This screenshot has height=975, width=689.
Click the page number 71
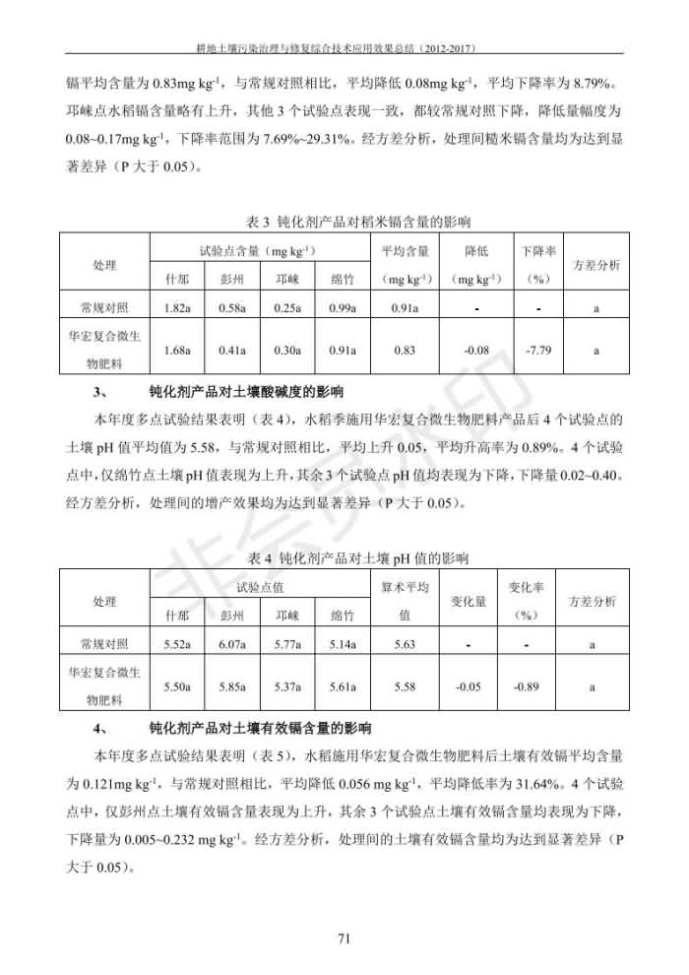(344, 938)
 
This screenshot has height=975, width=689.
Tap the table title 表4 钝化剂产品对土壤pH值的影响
(344, 558)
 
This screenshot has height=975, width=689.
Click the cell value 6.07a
(232, 645)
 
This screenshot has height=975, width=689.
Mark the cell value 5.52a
(177, 645)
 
